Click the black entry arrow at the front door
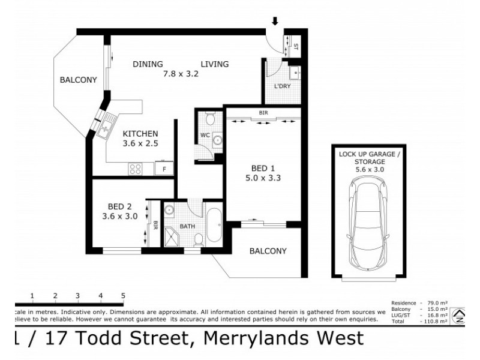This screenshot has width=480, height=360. (275, 22)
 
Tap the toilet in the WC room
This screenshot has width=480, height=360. (208, 118)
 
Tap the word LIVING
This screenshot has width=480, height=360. (214, 64)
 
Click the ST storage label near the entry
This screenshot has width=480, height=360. (296, 46)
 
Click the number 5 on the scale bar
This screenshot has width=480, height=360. (123, 295)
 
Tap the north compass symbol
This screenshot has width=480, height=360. (460, 315)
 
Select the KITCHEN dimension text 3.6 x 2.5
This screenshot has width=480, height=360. (140, 143)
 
